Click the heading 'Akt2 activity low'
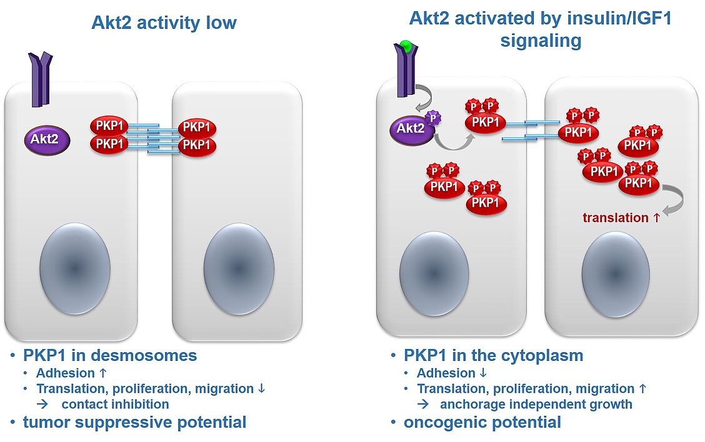click(x=164, y=22)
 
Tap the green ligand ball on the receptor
click(x=406, y=46)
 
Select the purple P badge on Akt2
click(x=433, y=118)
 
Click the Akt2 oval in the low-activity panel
click(x=47, y=140)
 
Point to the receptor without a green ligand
click(x=41, y=79)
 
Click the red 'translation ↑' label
click(x=621, y=218)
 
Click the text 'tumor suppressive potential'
click(x=134, y=422)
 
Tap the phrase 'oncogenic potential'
click(x=482, y=422)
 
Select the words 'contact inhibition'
click(x=115, y=405)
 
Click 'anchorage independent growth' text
click(x=536, y=405)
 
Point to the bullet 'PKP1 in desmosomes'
click(x=110, y=355)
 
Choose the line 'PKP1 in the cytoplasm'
click(x=493, y=355)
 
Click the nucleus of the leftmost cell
click(x=75, y=268)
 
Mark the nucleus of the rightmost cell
click(x=616, y=275)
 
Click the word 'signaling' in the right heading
click(x=541, y=41)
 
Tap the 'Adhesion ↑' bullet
click(x=71, y=373)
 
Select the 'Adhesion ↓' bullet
click(x=452, y=373)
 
